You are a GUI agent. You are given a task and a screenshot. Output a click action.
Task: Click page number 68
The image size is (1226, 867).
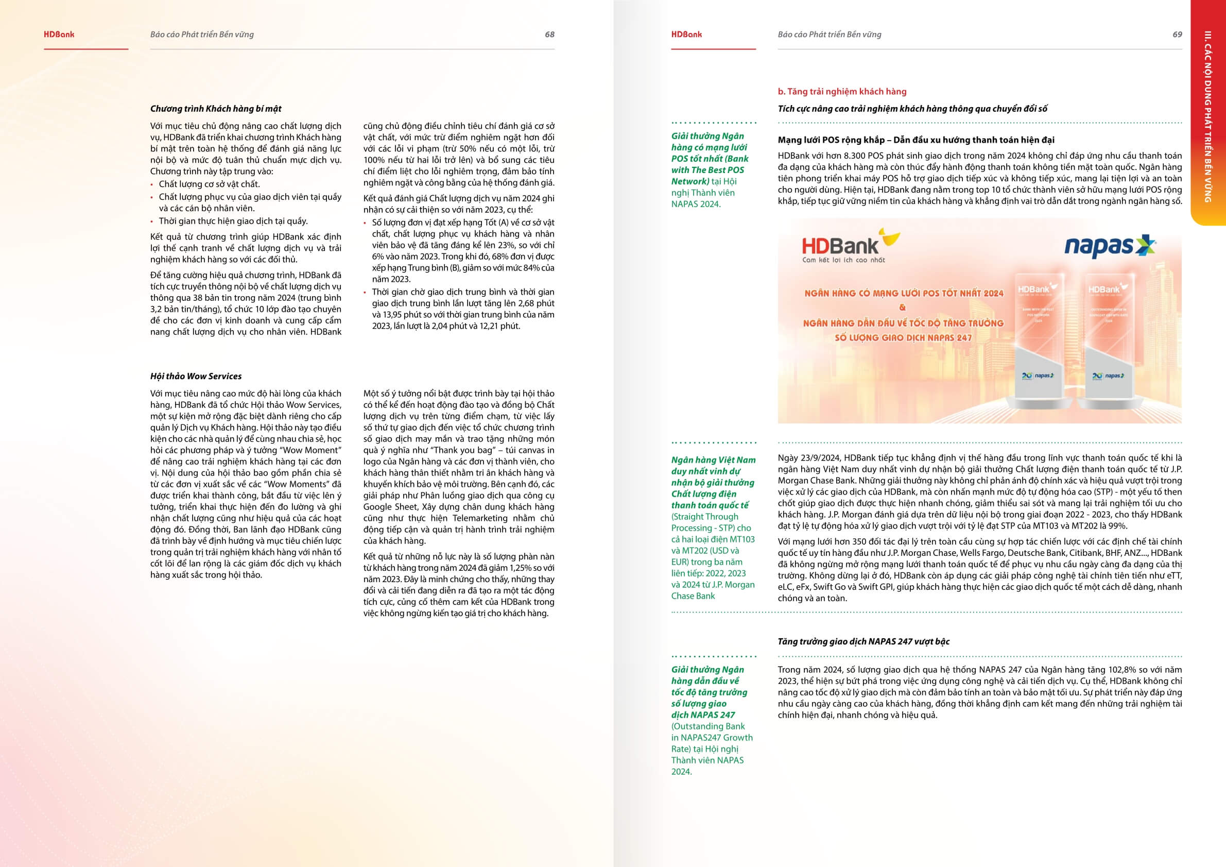(549, 35)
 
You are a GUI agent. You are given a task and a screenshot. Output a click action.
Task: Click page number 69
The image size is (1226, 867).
(1177, 35)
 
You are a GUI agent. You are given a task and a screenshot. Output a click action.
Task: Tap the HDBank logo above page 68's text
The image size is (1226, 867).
(59, 35)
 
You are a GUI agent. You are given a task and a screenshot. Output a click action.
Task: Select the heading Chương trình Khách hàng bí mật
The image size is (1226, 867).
(216, 109)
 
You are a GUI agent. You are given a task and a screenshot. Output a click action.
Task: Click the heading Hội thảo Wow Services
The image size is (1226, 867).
(196, 377)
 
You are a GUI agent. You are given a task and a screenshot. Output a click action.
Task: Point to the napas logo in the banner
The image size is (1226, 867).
(1110, 247)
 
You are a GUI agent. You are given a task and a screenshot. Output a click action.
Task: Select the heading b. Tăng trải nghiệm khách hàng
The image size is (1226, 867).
(842, 92)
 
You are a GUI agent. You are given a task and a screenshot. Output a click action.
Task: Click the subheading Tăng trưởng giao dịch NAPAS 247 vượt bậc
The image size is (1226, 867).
(864, 641)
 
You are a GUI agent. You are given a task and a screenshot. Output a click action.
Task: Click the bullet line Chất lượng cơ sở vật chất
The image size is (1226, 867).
(209, 184)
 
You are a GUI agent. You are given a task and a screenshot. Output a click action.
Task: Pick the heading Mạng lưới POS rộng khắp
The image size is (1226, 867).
(831, 141)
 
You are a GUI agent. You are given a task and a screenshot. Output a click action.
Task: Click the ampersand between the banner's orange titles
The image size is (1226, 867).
(903, 308)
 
